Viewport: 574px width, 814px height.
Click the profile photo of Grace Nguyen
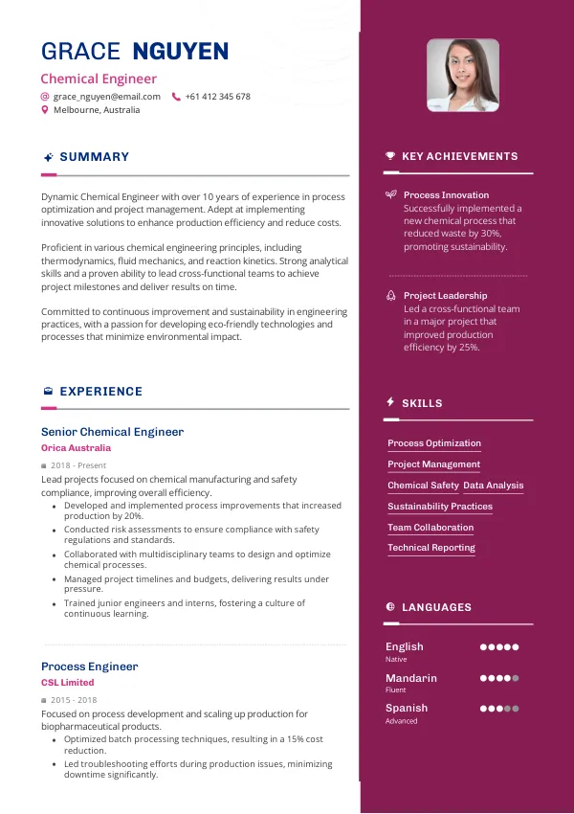click(463, 76)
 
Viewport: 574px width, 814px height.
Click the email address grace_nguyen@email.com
click(106, 97)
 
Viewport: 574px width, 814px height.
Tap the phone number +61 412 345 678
click(217, 97)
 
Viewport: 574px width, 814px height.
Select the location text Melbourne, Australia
click(96, 110)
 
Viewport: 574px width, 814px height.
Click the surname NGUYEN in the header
click(181, 52)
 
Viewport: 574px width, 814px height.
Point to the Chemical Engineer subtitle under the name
click(99, 79)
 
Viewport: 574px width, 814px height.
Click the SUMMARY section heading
click(94, 157)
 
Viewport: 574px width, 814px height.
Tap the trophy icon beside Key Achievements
click(390, 156)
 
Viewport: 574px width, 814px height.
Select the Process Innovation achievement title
click(446, 195)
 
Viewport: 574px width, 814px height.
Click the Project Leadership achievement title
click(445, 296)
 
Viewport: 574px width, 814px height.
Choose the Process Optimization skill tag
click(434, 443)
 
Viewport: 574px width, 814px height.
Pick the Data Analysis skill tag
click(494, 486)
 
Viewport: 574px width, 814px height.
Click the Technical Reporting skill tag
click(431, 548)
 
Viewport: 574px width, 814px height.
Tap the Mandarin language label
click(411, 678)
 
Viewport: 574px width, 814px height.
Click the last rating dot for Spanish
click(516, 709)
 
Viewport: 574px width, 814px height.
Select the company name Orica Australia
click(76, 448)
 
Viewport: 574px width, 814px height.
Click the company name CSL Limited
click(68, 683)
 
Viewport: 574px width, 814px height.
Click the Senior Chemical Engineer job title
click(112, 432)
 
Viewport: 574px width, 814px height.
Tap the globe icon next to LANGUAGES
click(390, 607)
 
